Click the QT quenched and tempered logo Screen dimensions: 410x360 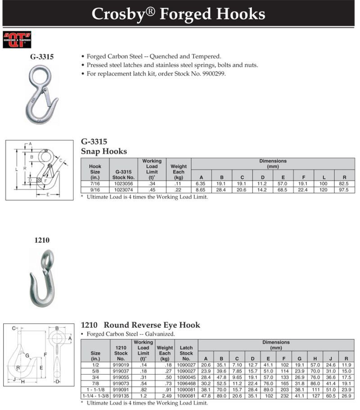pyautogui.click(x=17, y=40)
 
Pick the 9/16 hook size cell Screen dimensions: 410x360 pyautogui.click(x=95, y=190)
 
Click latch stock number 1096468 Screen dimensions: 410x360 pyautogui.click(x=186, y=383)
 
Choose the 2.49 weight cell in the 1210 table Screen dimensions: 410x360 pyautogui.click(x=164, y=395)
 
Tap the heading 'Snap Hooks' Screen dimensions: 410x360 pyautogui.click(x=104, y=152)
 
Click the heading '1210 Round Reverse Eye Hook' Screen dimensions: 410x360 pyautogui.click(x=140, y=325)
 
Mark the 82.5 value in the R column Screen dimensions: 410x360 pyautogui.click(x=345, y=184)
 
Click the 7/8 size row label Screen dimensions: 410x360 pyautogui.click(x=95, y=383)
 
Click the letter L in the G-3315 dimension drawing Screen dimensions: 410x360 pyautogui.click(x=16, y=169)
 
